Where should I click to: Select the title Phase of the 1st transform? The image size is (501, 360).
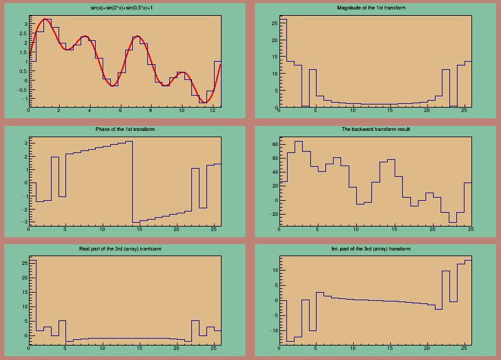pos(125,129)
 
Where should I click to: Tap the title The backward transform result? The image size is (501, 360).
pos(376,129)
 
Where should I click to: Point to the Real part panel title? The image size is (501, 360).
pos(125,249)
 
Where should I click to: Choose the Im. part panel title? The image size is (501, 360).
pos(376,249)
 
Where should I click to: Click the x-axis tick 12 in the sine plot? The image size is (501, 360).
pos(211,111)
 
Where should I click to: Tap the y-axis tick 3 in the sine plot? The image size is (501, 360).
pos(25,24)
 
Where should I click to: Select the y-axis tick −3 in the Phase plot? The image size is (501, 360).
pos(25,222)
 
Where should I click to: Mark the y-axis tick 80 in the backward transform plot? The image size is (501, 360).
pos(274,145)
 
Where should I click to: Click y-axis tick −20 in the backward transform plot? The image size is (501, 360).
pos(273,214)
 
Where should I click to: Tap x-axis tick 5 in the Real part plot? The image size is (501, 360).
pos(65,351)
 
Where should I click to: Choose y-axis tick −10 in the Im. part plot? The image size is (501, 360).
pos(273,330)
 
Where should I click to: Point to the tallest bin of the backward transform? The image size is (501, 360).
pos(298,142)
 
